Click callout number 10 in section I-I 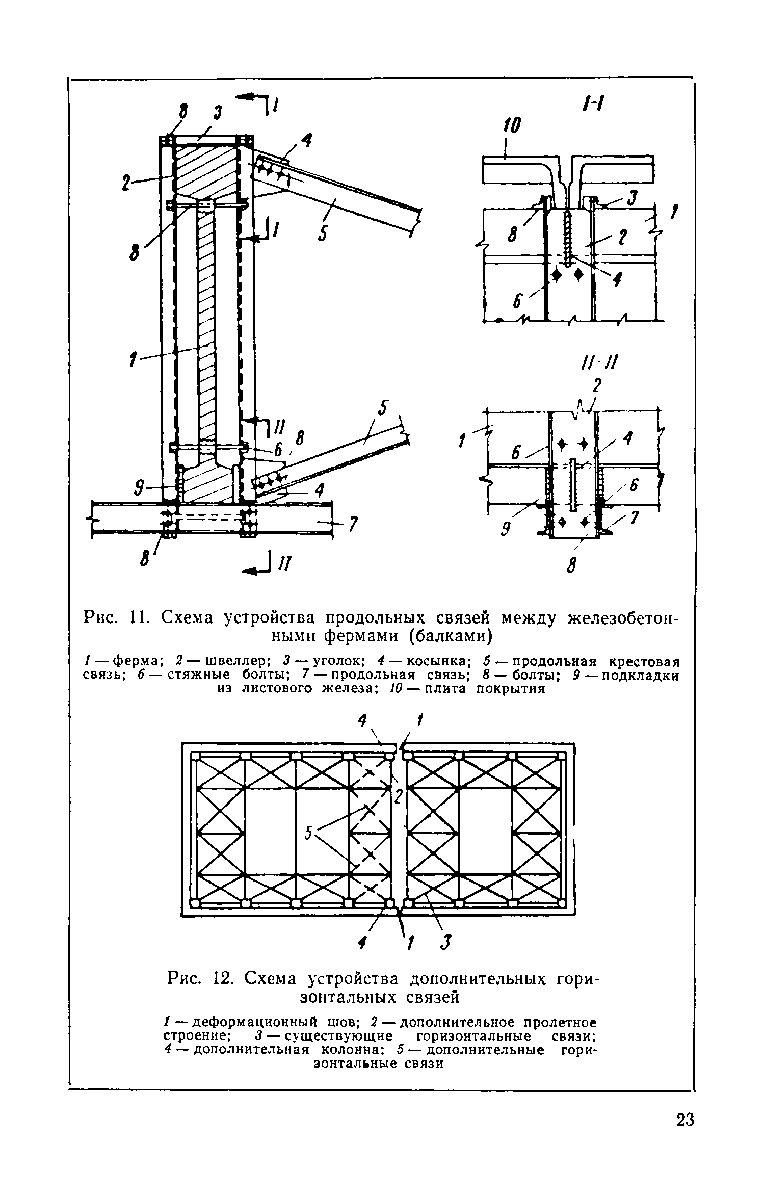512,126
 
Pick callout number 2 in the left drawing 126,182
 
